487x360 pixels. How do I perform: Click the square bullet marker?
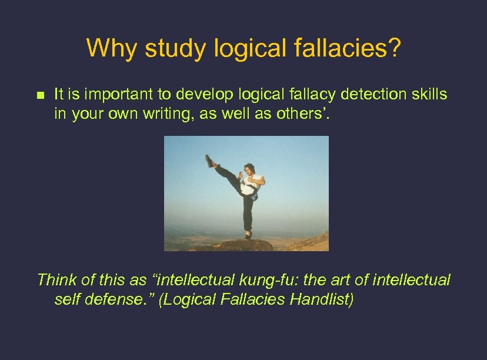tap(40, 95)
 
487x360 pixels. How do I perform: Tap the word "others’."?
tap(303, 114)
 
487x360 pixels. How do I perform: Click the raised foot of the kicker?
tap(209, 161)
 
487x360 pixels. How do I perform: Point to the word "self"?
tap(66, 299)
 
